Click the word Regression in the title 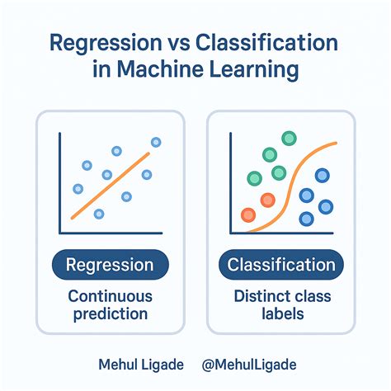[x=106, y=43]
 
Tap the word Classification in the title [x=266, y=42]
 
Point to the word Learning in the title [x=254, y=70]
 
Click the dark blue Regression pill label [x=111, y=265]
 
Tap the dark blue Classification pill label [x=281, y=265]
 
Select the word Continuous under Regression [x=111, y=296]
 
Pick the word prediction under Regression [x=111, y=314]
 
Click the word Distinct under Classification [x=257, y=296]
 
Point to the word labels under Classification [x=283, y=313]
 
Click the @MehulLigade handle [x=249, y=365]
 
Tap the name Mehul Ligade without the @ [x=141, y=365]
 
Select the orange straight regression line [x=111, y=186]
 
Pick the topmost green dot [x=289, y=139]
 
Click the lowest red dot [x=248, y=215]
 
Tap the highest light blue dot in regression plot [x=156, y=142]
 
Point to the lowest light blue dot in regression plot [x=99, y=214]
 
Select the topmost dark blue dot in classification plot [x=323, y=176]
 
